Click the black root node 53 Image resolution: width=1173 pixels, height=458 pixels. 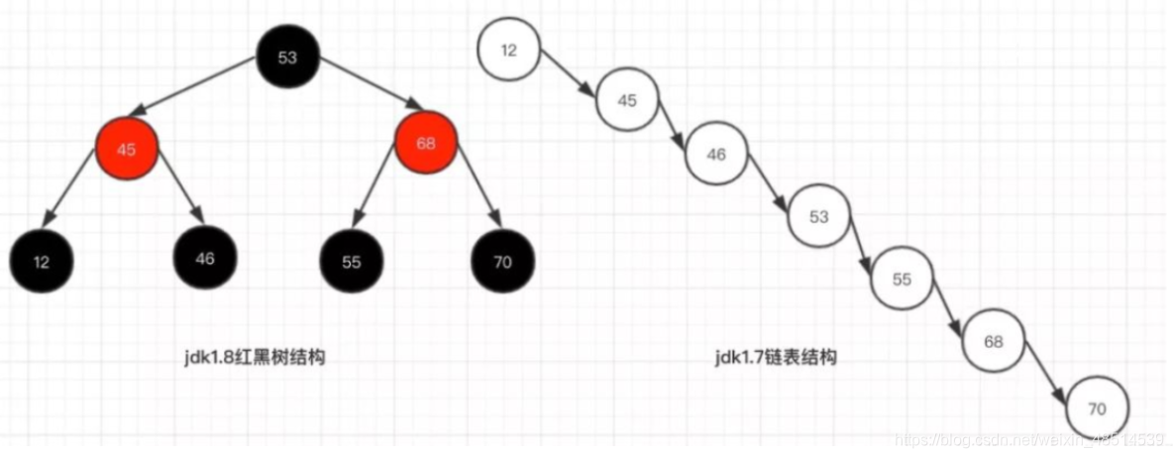point(287,57)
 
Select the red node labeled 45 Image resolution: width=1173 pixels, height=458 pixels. point(126,149)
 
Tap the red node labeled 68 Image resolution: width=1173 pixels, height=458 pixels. point(426,143)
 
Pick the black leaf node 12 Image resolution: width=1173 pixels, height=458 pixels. point(41,262)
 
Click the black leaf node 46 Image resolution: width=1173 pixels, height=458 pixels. point(205,258)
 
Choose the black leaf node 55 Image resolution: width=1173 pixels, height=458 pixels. point(351,262)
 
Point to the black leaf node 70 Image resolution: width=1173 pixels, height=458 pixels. point(503,262)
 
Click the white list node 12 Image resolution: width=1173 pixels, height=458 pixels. point(508,50)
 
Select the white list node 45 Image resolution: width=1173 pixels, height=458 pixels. point(626,99)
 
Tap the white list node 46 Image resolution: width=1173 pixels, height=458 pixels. point(716,156)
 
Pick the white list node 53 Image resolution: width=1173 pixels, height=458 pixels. point(818,217)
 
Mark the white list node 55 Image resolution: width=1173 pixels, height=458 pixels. point(902,279)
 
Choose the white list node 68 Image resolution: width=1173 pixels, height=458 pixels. point(994,341)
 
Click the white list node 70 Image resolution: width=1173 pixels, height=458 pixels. point(1098,407)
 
